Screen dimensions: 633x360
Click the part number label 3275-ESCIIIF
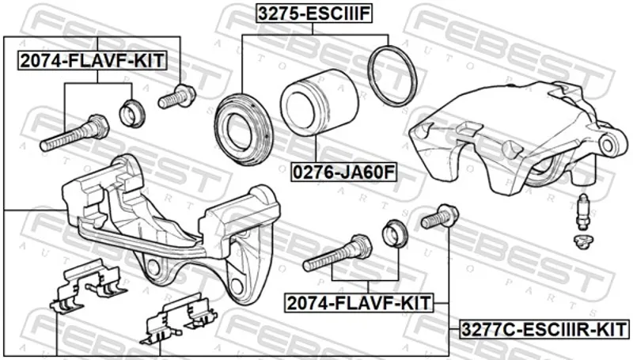[x=314, y=13]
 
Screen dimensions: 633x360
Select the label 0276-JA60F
[x=344, y=172]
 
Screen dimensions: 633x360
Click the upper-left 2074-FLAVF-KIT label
[x=92, y=61]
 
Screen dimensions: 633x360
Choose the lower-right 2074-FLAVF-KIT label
[x=359, y=303]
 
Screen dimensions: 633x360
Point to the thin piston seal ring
[x=392, y=76]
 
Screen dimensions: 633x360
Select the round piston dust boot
[x=243, y=129]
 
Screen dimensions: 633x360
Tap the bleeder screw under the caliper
[x=582, y=211]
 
